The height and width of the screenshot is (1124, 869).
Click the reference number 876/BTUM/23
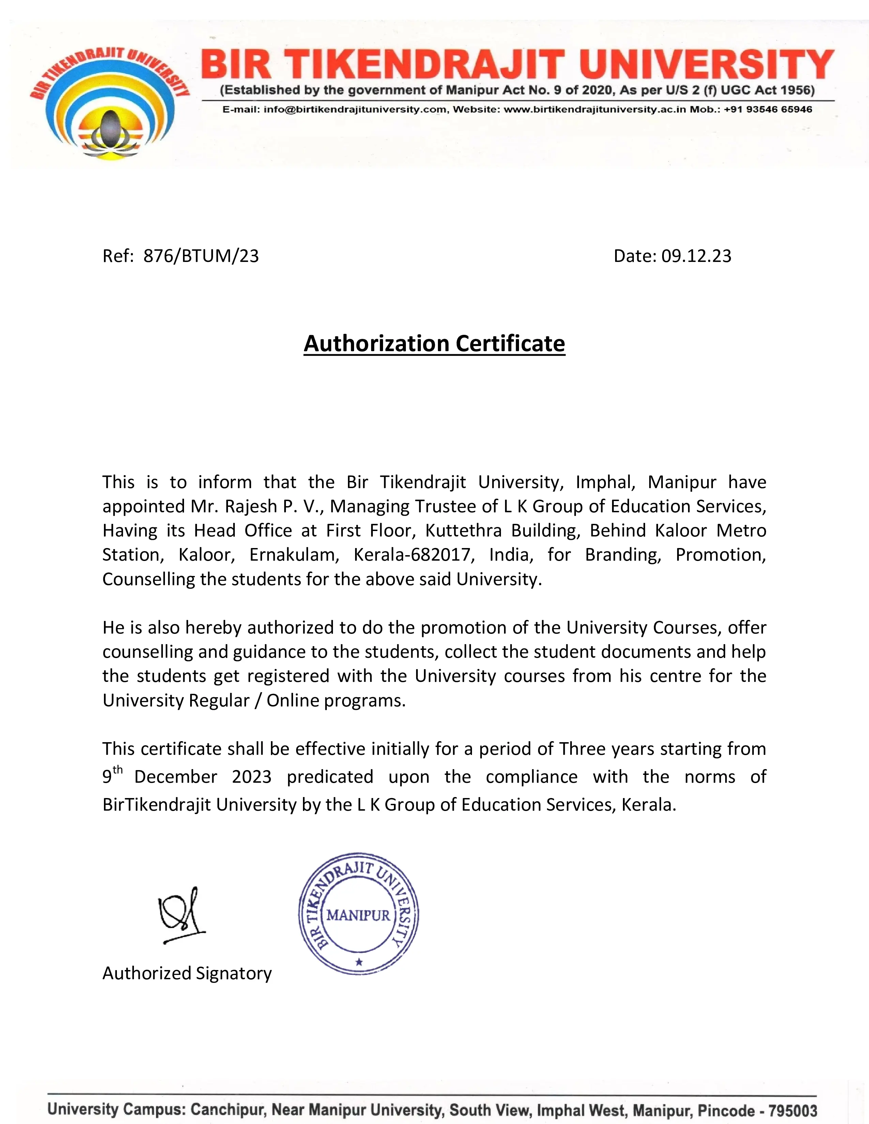click(201, 256)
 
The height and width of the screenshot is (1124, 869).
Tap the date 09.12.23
click(696, 256)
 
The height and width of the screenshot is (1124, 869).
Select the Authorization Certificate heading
click(434, 343)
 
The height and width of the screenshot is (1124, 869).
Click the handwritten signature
click(181, 915)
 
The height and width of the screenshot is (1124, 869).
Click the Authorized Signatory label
click(187, 973)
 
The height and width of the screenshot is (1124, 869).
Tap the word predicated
click(330, 776)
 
